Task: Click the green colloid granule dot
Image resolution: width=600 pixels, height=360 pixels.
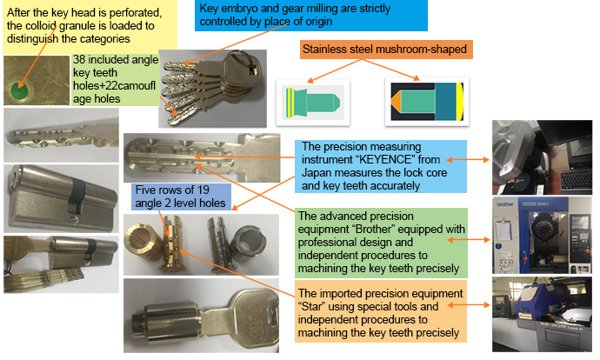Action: [x=19, y=91]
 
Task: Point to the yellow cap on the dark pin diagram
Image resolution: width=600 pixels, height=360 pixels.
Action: [x=459, y=102]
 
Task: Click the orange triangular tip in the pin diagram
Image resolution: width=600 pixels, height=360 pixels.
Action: [x=396, y=102]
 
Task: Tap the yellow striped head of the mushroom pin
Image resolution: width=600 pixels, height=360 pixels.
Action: [x=290, y=103]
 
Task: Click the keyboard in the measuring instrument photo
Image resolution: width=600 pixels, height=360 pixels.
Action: [x=576, y=181]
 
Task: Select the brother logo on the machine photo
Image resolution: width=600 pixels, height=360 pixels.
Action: [x=505, y=204]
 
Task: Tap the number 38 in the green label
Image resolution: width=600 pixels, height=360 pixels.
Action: [x=79, y=60]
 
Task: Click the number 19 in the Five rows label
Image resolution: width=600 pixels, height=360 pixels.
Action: [x=203, y=190]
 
